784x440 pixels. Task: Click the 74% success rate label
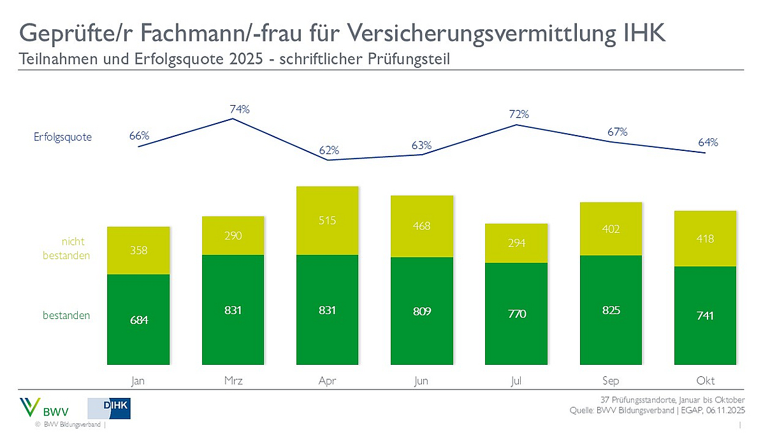240,110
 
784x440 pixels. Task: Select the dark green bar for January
138,320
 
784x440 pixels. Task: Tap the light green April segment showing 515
328,220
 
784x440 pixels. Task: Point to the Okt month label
706,381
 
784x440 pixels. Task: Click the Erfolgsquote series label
62,137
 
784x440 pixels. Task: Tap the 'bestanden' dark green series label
66,315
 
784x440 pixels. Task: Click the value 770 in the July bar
516,313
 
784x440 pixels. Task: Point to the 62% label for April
329,151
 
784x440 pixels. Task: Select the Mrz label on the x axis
233,381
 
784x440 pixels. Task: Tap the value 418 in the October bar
706,239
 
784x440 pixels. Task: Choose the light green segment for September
611,229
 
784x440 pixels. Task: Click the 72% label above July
518,115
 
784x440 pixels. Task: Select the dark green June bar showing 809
422,311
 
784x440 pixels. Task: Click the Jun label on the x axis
422,381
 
